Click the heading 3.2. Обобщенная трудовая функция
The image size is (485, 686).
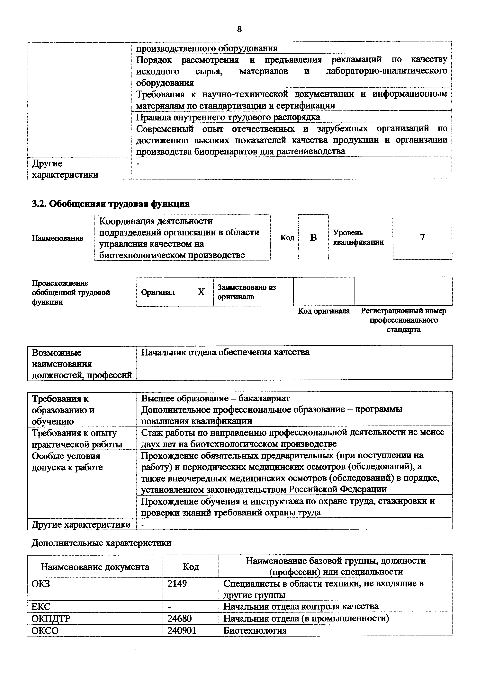tap(111, 204)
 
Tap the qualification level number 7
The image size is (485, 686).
tap(422, 237)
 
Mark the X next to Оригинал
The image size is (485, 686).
tap(201, 292)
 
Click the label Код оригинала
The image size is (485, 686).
tap(324, 311)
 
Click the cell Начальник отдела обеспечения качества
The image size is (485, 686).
tap(225, 352)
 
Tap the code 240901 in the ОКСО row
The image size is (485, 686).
tap(182, 630)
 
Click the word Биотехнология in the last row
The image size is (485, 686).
tap(255, 630)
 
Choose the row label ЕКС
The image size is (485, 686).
tap(41, 607)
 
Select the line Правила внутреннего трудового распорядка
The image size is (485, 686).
tap(228, 117)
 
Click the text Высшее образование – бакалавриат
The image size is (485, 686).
tap(215, 398)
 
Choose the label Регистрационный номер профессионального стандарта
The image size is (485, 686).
tap(403, 320)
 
